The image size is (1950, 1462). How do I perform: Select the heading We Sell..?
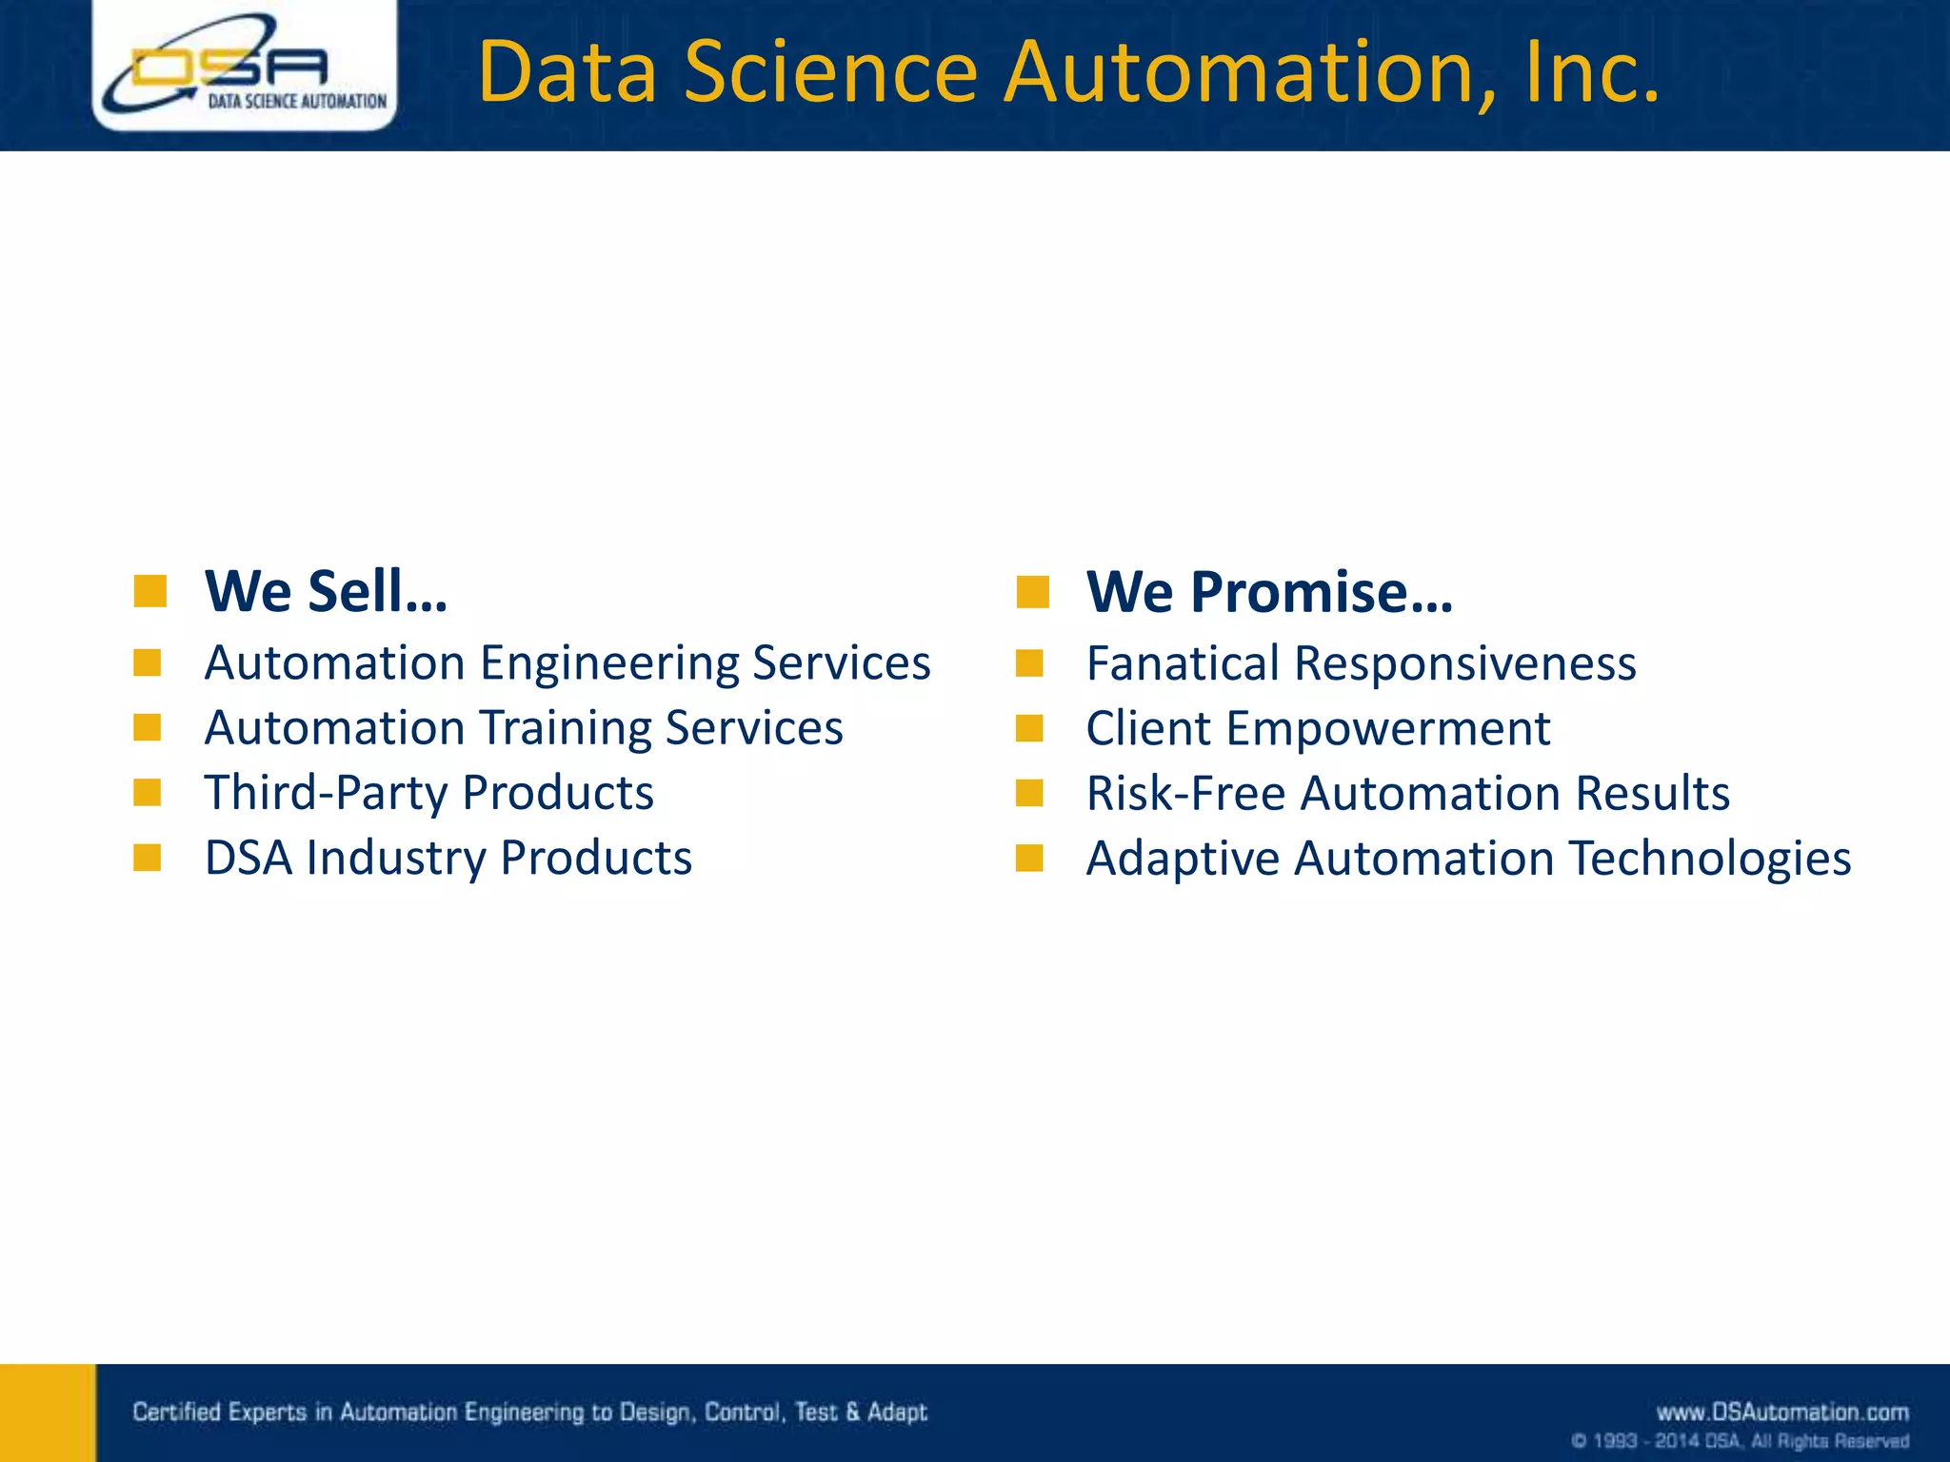(x=326, y=591)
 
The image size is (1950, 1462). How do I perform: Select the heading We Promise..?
(x=1269, y=591)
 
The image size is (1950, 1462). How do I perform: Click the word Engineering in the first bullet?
(x=609, y=663)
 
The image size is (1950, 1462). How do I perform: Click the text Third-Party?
(x=326, y=793)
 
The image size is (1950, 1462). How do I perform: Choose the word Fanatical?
(x=1183, y=663)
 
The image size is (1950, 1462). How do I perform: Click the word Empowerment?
(x=1388, y=729)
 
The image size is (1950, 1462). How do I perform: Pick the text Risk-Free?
(x=1185, y=794)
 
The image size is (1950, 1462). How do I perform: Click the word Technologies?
(x=1709, y=859)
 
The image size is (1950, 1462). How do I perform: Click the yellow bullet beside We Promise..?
(x=1032, y=592)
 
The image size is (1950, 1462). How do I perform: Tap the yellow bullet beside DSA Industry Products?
(x=148, y=858)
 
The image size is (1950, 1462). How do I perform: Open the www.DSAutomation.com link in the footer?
(x=1782, y=1412)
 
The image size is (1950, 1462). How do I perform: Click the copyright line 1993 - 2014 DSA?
(x=1740, y=1441)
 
